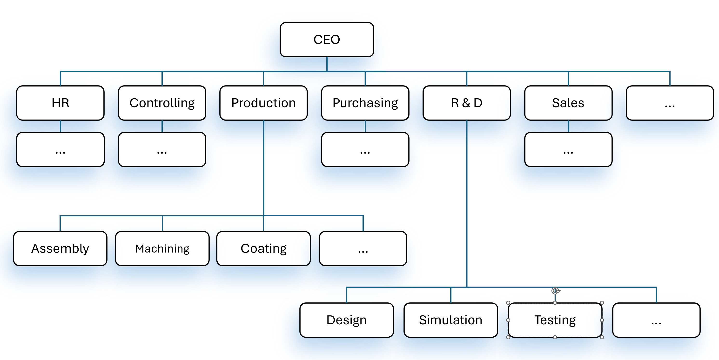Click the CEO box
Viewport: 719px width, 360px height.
327,40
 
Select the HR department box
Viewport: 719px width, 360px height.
60,103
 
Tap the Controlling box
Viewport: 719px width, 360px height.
162,103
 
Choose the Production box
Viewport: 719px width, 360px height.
263,103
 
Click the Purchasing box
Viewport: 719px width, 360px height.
365,103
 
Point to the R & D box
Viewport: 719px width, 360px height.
467,103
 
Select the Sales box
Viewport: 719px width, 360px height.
568,103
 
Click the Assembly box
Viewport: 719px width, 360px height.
60,248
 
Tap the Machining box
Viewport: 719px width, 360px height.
162,248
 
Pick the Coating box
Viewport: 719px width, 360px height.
263,248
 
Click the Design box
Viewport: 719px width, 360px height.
347,320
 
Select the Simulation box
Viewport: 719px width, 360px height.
451,320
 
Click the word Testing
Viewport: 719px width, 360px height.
555,320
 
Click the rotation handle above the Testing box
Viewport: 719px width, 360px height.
555,291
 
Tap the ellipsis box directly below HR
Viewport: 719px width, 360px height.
60,150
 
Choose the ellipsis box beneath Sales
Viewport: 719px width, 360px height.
568,150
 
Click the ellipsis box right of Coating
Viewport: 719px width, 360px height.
363,248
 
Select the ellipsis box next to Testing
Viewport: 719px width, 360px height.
656,320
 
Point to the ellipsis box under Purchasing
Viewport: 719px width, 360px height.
365,150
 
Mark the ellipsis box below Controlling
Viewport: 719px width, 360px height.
162,150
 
